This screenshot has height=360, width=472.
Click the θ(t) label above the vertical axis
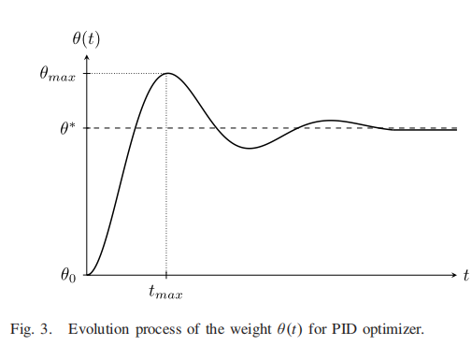click(x=87, y=38)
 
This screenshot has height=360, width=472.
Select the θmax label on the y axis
click(x=57, y=74)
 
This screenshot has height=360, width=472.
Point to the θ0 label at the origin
click(x=66, y=276)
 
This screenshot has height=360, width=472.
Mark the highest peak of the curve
click(x=166, y=73)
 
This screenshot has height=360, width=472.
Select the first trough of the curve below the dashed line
click(x=248, y=149)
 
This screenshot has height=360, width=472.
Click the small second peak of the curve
click(x=327, y=121)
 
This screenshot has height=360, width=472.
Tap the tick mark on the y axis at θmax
click(x=87, y=73)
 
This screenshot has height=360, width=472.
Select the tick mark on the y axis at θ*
click(x=87, y=128)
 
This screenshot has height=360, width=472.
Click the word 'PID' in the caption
click(x=357, y=330)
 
